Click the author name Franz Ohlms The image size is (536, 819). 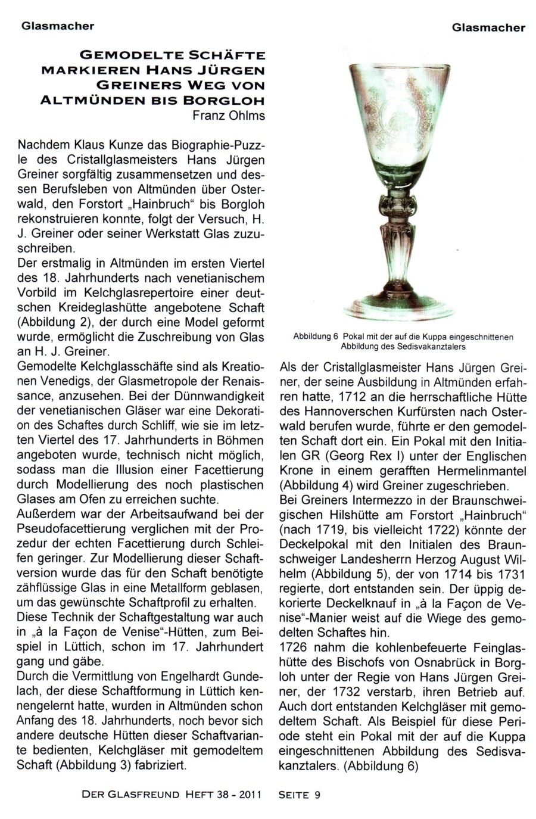pos(228,116)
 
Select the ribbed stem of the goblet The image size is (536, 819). pos(403,245)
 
